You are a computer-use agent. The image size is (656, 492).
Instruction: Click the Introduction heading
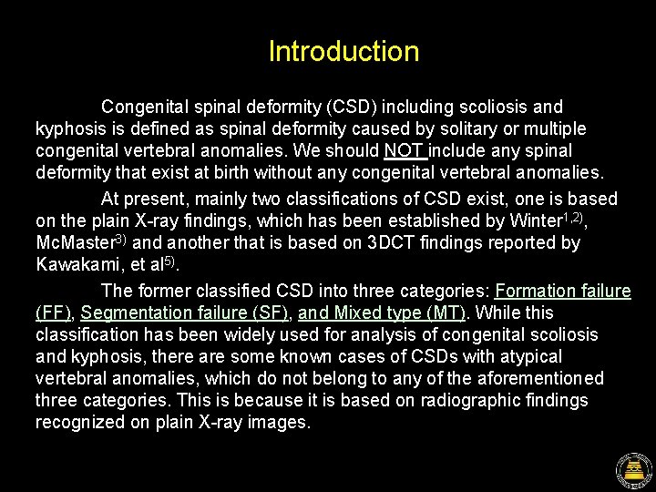pos(343,51)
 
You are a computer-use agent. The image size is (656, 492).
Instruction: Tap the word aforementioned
pos(526,378)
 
